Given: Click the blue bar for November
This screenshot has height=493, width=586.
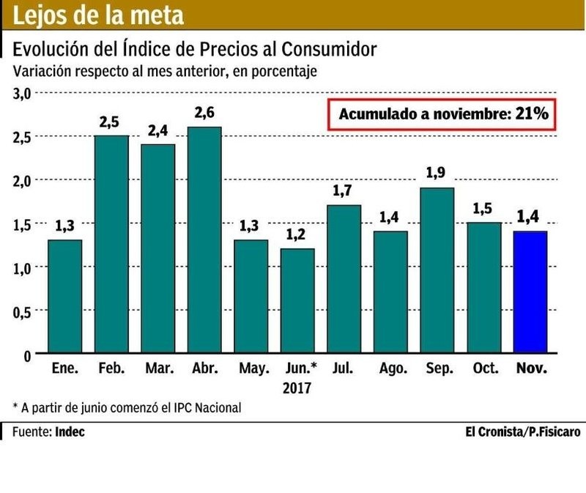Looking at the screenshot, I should point(530,292).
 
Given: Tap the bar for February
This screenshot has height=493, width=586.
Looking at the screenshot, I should point(111,245).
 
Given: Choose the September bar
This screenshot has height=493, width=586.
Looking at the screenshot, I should point(437,271).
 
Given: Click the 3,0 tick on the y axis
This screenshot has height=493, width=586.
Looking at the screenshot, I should point(22,93).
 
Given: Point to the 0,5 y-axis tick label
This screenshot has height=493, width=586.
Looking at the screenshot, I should point(22,311).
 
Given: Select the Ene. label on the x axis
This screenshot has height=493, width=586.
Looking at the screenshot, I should point(64,369).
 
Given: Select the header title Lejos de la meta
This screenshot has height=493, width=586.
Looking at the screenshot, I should point(99,15).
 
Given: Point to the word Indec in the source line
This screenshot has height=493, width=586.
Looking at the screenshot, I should point(70,431).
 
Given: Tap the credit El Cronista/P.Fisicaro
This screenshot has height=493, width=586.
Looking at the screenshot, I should point(523,431).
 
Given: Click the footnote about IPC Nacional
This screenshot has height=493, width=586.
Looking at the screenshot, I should point(126,407).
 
